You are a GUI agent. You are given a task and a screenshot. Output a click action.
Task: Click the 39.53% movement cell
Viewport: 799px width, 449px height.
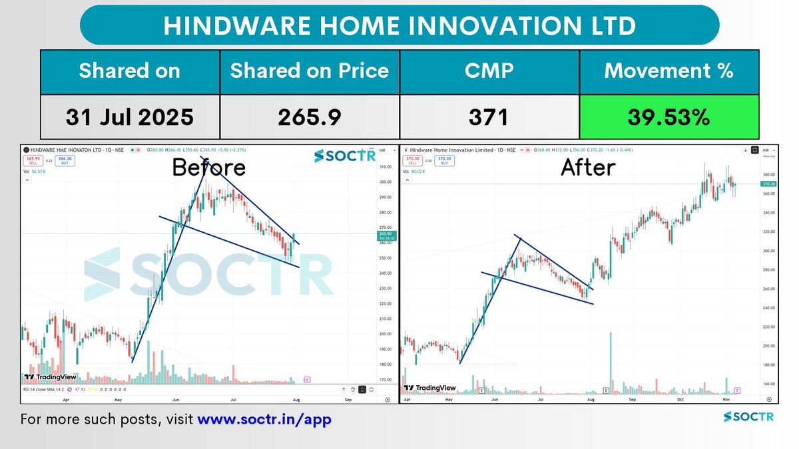coord(669,117)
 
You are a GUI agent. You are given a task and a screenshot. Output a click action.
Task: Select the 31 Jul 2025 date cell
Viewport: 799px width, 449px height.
coord(129,117)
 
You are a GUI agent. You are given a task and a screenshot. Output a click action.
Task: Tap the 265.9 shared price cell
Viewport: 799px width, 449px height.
coord(309,117)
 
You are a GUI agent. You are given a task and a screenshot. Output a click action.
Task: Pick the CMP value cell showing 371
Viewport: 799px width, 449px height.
coord(489,117)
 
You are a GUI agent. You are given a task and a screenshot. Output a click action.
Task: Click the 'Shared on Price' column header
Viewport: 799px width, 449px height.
coord(309,71)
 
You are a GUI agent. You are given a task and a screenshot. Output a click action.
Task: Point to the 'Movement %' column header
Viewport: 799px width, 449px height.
coord(669,71)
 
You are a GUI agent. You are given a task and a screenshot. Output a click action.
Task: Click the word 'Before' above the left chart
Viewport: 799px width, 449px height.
coord(208,168)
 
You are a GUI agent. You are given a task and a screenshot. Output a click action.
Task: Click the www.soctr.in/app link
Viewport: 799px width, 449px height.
coord(264,420)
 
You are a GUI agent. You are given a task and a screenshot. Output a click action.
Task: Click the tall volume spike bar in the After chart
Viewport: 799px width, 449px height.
coord(611,359)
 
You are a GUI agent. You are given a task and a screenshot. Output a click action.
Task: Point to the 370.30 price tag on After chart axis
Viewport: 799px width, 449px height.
coord(769,184)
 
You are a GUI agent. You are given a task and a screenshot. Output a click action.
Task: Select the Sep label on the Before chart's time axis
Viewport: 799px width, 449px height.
coord(348,401)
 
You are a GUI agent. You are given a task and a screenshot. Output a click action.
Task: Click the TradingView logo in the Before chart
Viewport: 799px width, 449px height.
coord(50,377)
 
